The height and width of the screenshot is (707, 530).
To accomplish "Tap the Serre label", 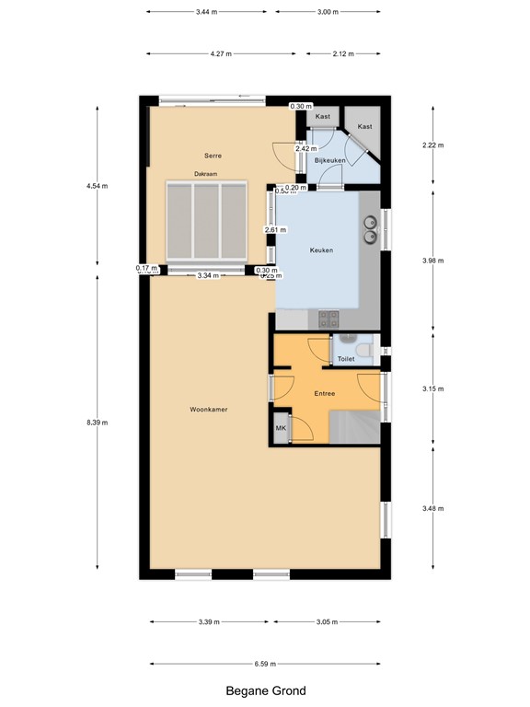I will click(x=213, y=156).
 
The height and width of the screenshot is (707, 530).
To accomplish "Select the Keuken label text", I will click(x=321, y=250).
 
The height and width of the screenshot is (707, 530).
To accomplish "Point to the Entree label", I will click(x=324, y=394).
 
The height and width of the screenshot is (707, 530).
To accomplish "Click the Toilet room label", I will click(x=346, y=359).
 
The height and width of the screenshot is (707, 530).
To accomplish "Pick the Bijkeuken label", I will click(x=328, y=161).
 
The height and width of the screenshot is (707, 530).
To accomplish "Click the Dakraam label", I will click(x=205, y=173).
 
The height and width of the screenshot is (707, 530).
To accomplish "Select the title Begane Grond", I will click(x=266, y=690).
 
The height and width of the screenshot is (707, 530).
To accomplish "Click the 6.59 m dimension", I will click(x=265, y=664).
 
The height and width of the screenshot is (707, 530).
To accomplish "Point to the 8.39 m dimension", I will click(x=97, y=423).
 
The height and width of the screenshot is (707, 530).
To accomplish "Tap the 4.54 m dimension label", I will click(x=97, y=186).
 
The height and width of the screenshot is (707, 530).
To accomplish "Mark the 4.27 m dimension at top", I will click(x=220, y=54).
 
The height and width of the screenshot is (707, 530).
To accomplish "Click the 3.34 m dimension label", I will click(x=209, y=274).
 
